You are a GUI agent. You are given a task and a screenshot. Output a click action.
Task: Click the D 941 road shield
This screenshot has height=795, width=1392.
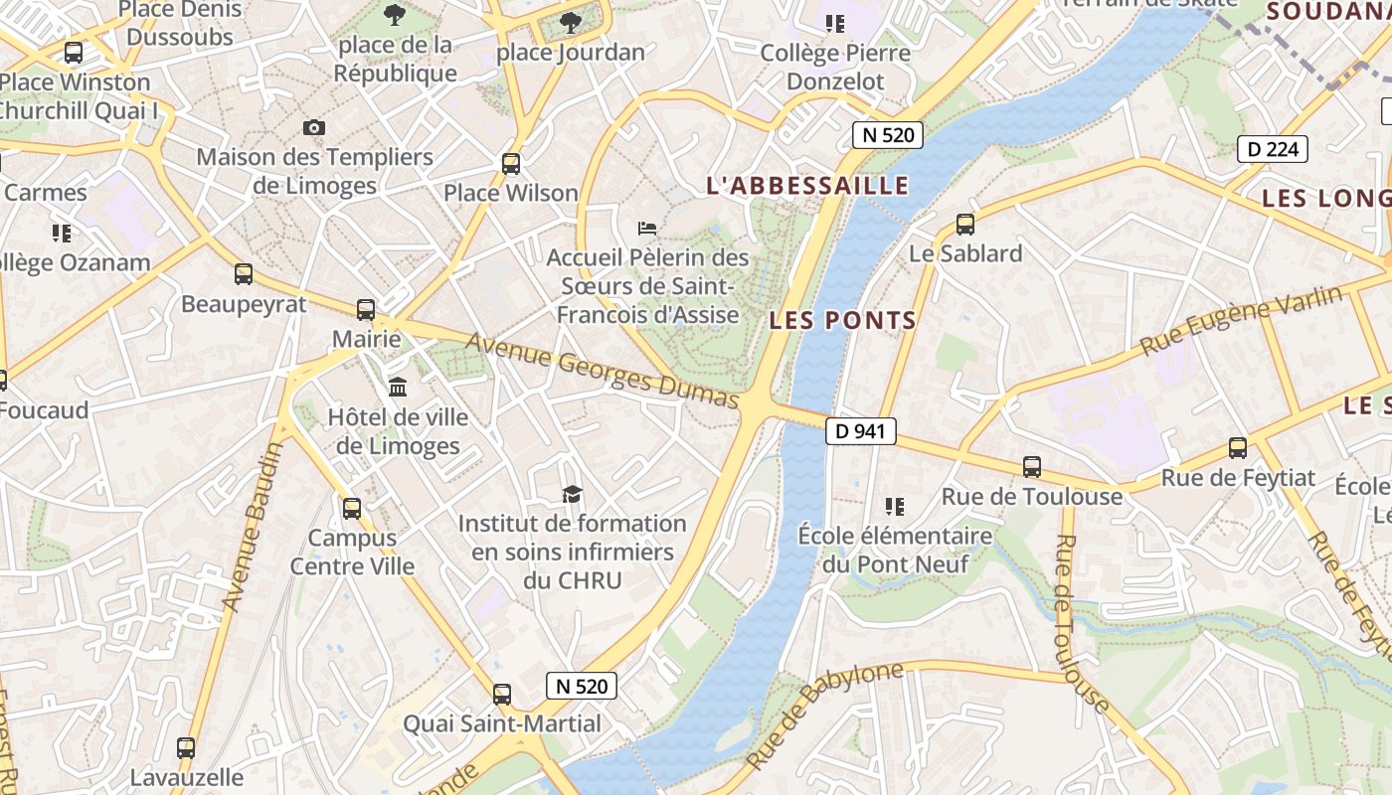point(861,431)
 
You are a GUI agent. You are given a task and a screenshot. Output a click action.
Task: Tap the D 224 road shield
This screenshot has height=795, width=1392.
point(1272,150)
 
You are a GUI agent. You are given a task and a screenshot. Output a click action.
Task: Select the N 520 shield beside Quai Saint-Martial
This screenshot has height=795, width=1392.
point(582,686)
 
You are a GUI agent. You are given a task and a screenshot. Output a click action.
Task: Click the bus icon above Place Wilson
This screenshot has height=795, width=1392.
point(511,163)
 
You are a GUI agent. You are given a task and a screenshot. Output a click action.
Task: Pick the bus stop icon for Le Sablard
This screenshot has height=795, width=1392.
point(964,225)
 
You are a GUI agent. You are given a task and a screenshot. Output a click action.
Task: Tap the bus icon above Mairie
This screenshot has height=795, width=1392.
point(366,310)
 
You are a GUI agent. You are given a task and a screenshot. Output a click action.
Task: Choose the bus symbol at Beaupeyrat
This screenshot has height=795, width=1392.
point(244,274)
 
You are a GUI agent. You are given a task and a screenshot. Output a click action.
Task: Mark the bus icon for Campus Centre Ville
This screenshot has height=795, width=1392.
point(352,509)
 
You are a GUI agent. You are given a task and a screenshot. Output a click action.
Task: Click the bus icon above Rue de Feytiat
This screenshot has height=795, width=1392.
point(1238,448)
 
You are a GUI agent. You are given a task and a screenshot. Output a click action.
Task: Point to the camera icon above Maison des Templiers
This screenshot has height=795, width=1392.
point(314,127)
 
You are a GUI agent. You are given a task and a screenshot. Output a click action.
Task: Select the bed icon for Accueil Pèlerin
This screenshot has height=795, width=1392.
point(647,229)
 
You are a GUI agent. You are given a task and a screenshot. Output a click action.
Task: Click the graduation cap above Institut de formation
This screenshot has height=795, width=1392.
point(572,494)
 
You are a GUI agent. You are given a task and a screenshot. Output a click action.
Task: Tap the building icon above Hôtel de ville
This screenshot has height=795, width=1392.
point(398,387)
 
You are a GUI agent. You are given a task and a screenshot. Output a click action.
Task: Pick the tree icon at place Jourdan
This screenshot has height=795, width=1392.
point(571,22)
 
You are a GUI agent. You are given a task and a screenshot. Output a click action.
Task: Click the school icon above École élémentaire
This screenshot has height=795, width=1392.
point(895,507)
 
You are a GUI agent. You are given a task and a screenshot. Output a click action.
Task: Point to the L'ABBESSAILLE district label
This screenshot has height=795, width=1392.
point(807,186)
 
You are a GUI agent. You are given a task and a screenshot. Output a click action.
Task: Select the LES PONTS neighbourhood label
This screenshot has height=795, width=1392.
point(843,321)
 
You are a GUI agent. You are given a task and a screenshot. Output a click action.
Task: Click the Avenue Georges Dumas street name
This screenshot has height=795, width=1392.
point(603,371)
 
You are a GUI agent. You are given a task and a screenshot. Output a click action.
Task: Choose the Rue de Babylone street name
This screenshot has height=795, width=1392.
point(824,715)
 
